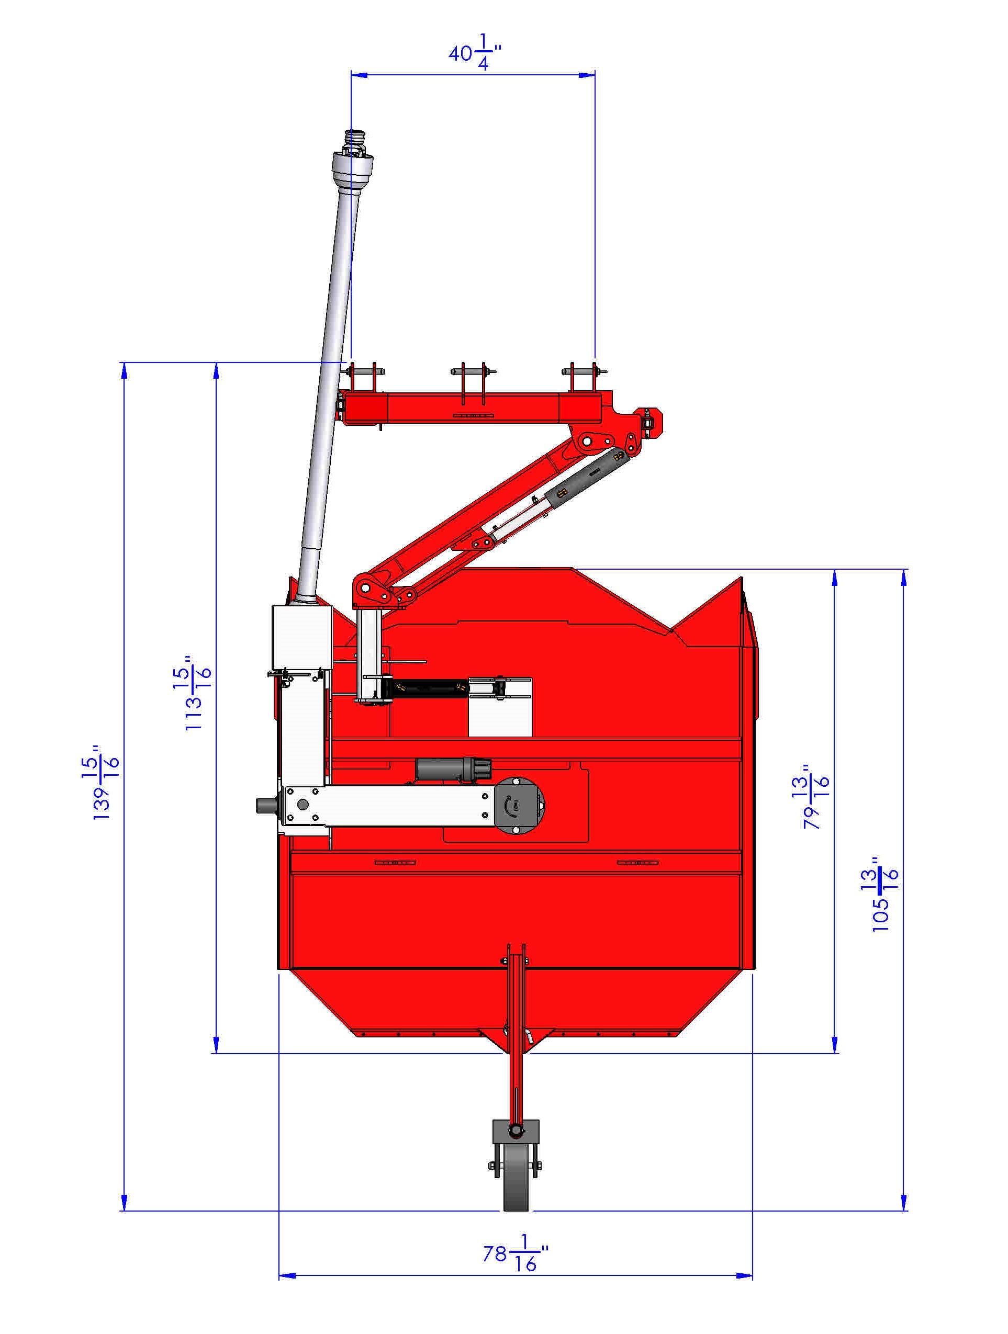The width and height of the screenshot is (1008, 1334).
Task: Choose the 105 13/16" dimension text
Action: tap(885, 895)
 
